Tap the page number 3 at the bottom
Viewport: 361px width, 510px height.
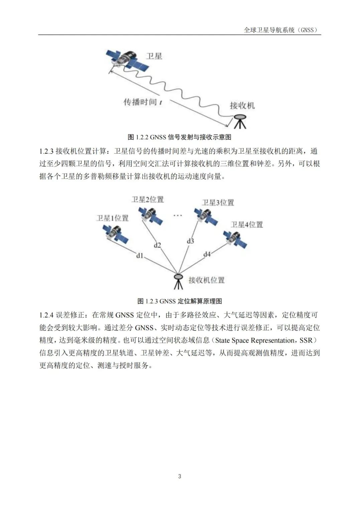pyautogui.click(x=180, y=476)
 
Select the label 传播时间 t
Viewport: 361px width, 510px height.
pyautogui.click(x=143, y=102)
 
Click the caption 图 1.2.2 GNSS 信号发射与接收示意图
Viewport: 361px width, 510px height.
pyautogui.click(x=179, y=137)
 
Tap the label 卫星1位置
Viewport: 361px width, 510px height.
pyautogui.click(x=112, y=218)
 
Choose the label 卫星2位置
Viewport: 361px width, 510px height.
pyautogui.click(x=147, y=200)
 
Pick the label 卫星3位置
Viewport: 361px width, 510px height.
pyautogui.click(x=218, y=203)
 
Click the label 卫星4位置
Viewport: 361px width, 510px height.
pyautogui.click(x=247, y=225)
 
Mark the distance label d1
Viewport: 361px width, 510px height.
pyautogui.click(x=139, y=256)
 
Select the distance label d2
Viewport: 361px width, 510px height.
pyautogui.click(x=157, y=245)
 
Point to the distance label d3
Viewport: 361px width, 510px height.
pyautogui.click(x=190, y=241)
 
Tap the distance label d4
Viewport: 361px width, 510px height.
pyautogui.click(x=207, y=254)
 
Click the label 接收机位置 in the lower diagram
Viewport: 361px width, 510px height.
pyautogui.click(x=207, y=280)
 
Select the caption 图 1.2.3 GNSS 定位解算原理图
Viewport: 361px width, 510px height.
pyautogui.click(x=179, y=301)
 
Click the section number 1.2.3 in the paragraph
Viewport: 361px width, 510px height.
pyautogui.click(x=46, y=151)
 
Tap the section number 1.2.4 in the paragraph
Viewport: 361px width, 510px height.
pyautogui.click(x=46, y=315)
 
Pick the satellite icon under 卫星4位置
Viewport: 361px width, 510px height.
pyautogui.click(x=235, y=239)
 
